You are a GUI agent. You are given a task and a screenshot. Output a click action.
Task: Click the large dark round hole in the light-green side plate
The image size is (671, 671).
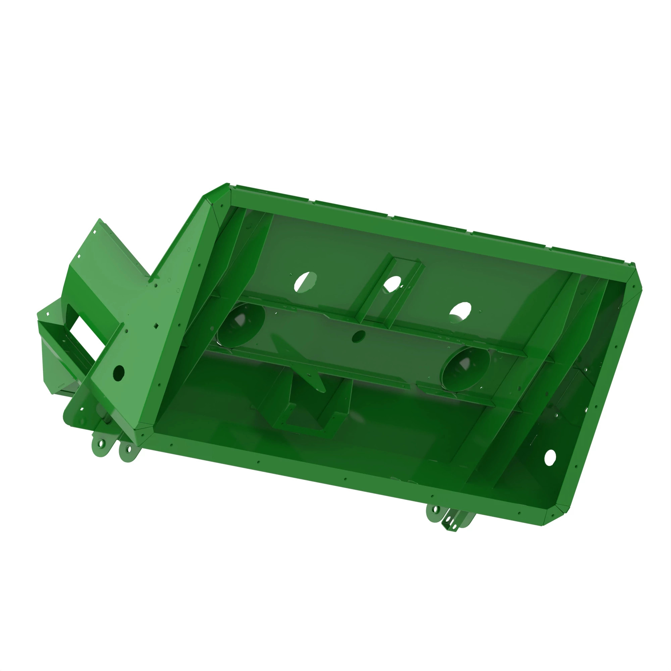pyautogui.click(x=119, y=372)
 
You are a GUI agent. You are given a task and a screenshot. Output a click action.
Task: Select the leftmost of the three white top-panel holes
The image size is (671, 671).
pyautogui.click(x=306, y=282)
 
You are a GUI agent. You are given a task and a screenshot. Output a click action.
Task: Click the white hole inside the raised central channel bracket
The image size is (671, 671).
pyautogui.click(x=392, y=285)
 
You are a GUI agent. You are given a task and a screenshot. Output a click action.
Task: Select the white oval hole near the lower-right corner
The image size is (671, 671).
pyautogui.click(x=550, y=457)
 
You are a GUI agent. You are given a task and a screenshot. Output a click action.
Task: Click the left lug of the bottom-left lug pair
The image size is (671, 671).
pyautogui.click(x=101, y=444)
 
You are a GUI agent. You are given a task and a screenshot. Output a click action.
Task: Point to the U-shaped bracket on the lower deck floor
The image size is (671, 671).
pyautogui.click(x=306, y=413)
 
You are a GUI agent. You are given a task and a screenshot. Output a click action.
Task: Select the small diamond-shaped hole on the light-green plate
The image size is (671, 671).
pyautogui.click(x=157, y=325)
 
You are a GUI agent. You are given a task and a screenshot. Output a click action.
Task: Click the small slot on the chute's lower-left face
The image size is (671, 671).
pyautogui.click(x=61, y=385)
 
